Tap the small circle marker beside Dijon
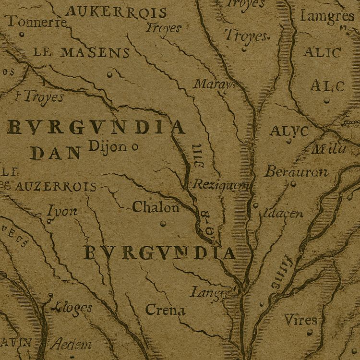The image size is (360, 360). [x=134, y=146]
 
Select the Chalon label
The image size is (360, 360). [x=156, y=207]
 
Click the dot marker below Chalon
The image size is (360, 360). [x=163, y=223]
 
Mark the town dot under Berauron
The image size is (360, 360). [x=292, y=183]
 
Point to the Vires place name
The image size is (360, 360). [x=300, y=320]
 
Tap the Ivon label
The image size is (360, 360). [x=62, y=211]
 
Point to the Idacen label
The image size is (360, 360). [x=283, y=213]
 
